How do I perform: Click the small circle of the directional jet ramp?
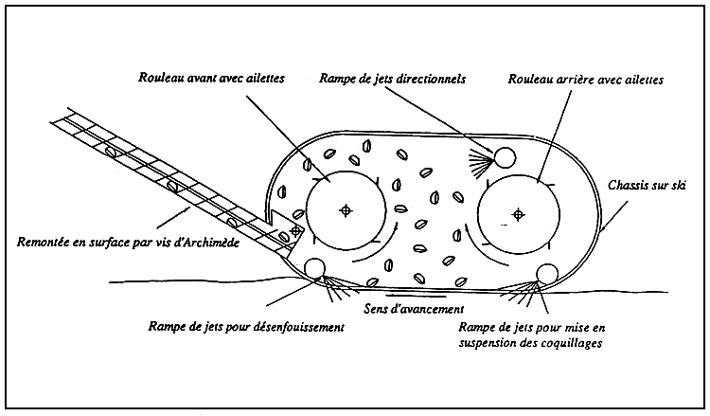[x=503, y=155]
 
